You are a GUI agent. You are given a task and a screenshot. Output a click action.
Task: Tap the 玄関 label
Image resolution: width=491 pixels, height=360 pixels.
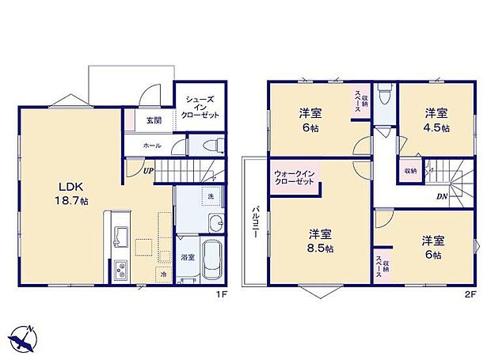[154, 121]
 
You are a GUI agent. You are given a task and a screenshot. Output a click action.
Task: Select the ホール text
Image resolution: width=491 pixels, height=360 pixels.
[152, 146]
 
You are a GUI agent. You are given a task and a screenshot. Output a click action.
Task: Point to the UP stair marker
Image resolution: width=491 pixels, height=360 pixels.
[149, 169]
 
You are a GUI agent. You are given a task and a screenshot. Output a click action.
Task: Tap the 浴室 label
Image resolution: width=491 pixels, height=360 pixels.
[187, 258]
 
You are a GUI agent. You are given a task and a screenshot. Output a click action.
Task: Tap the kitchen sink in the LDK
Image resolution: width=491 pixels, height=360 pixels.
[122, 235]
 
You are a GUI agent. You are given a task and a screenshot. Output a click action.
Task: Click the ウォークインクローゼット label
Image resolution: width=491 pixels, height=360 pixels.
[294, 177]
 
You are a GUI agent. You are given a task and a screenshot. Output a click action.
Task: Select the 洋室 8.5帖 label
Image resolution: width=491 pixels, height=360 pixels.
[320, 241]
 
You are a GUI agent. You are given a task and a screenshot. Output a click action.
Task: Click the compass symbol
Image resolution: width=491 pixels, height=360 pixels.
[27, 338]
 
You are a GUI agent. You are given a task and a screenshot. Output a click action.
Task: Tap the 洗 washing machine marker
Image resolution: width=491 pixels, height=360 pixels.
[210, 195]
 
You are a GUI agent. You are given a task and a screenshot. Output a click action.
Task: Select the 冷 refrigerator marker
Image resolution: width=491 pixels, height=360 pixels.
[164, 275]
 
